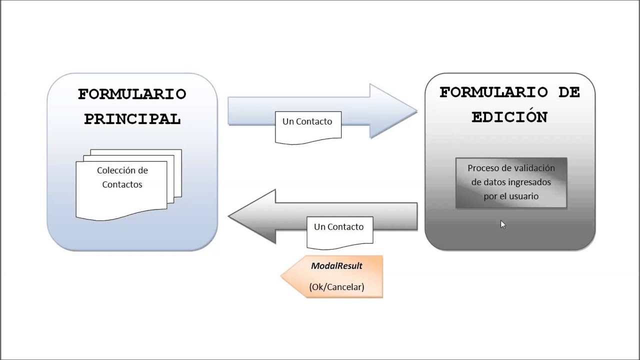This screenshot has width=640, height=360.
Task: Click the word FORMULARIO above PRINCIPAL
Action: coord(132,94)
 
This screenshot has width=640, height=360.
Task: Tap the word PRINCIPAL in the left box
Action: coord(132,119)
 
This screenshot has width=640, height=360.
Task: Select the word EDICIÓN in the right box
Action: coord(509,117)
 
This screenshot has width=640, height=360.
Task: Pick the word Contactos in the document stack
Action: coord(122,184)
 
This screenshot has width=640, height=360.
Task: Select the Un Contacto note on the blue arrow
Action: coord(307,125)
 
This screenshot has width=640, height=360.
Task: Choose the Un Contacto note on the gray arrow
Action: coord(339,230)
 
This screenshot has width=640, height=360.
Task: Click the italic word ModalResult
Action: coord(336,266)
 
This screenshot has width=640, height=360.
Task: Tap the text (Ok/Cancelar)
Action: coord(336,287)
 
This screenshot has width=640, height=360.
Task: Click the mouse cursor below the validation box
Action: coord(502,224)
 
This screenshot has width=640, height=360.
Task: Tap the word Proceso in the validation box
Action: coord(482,168)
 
